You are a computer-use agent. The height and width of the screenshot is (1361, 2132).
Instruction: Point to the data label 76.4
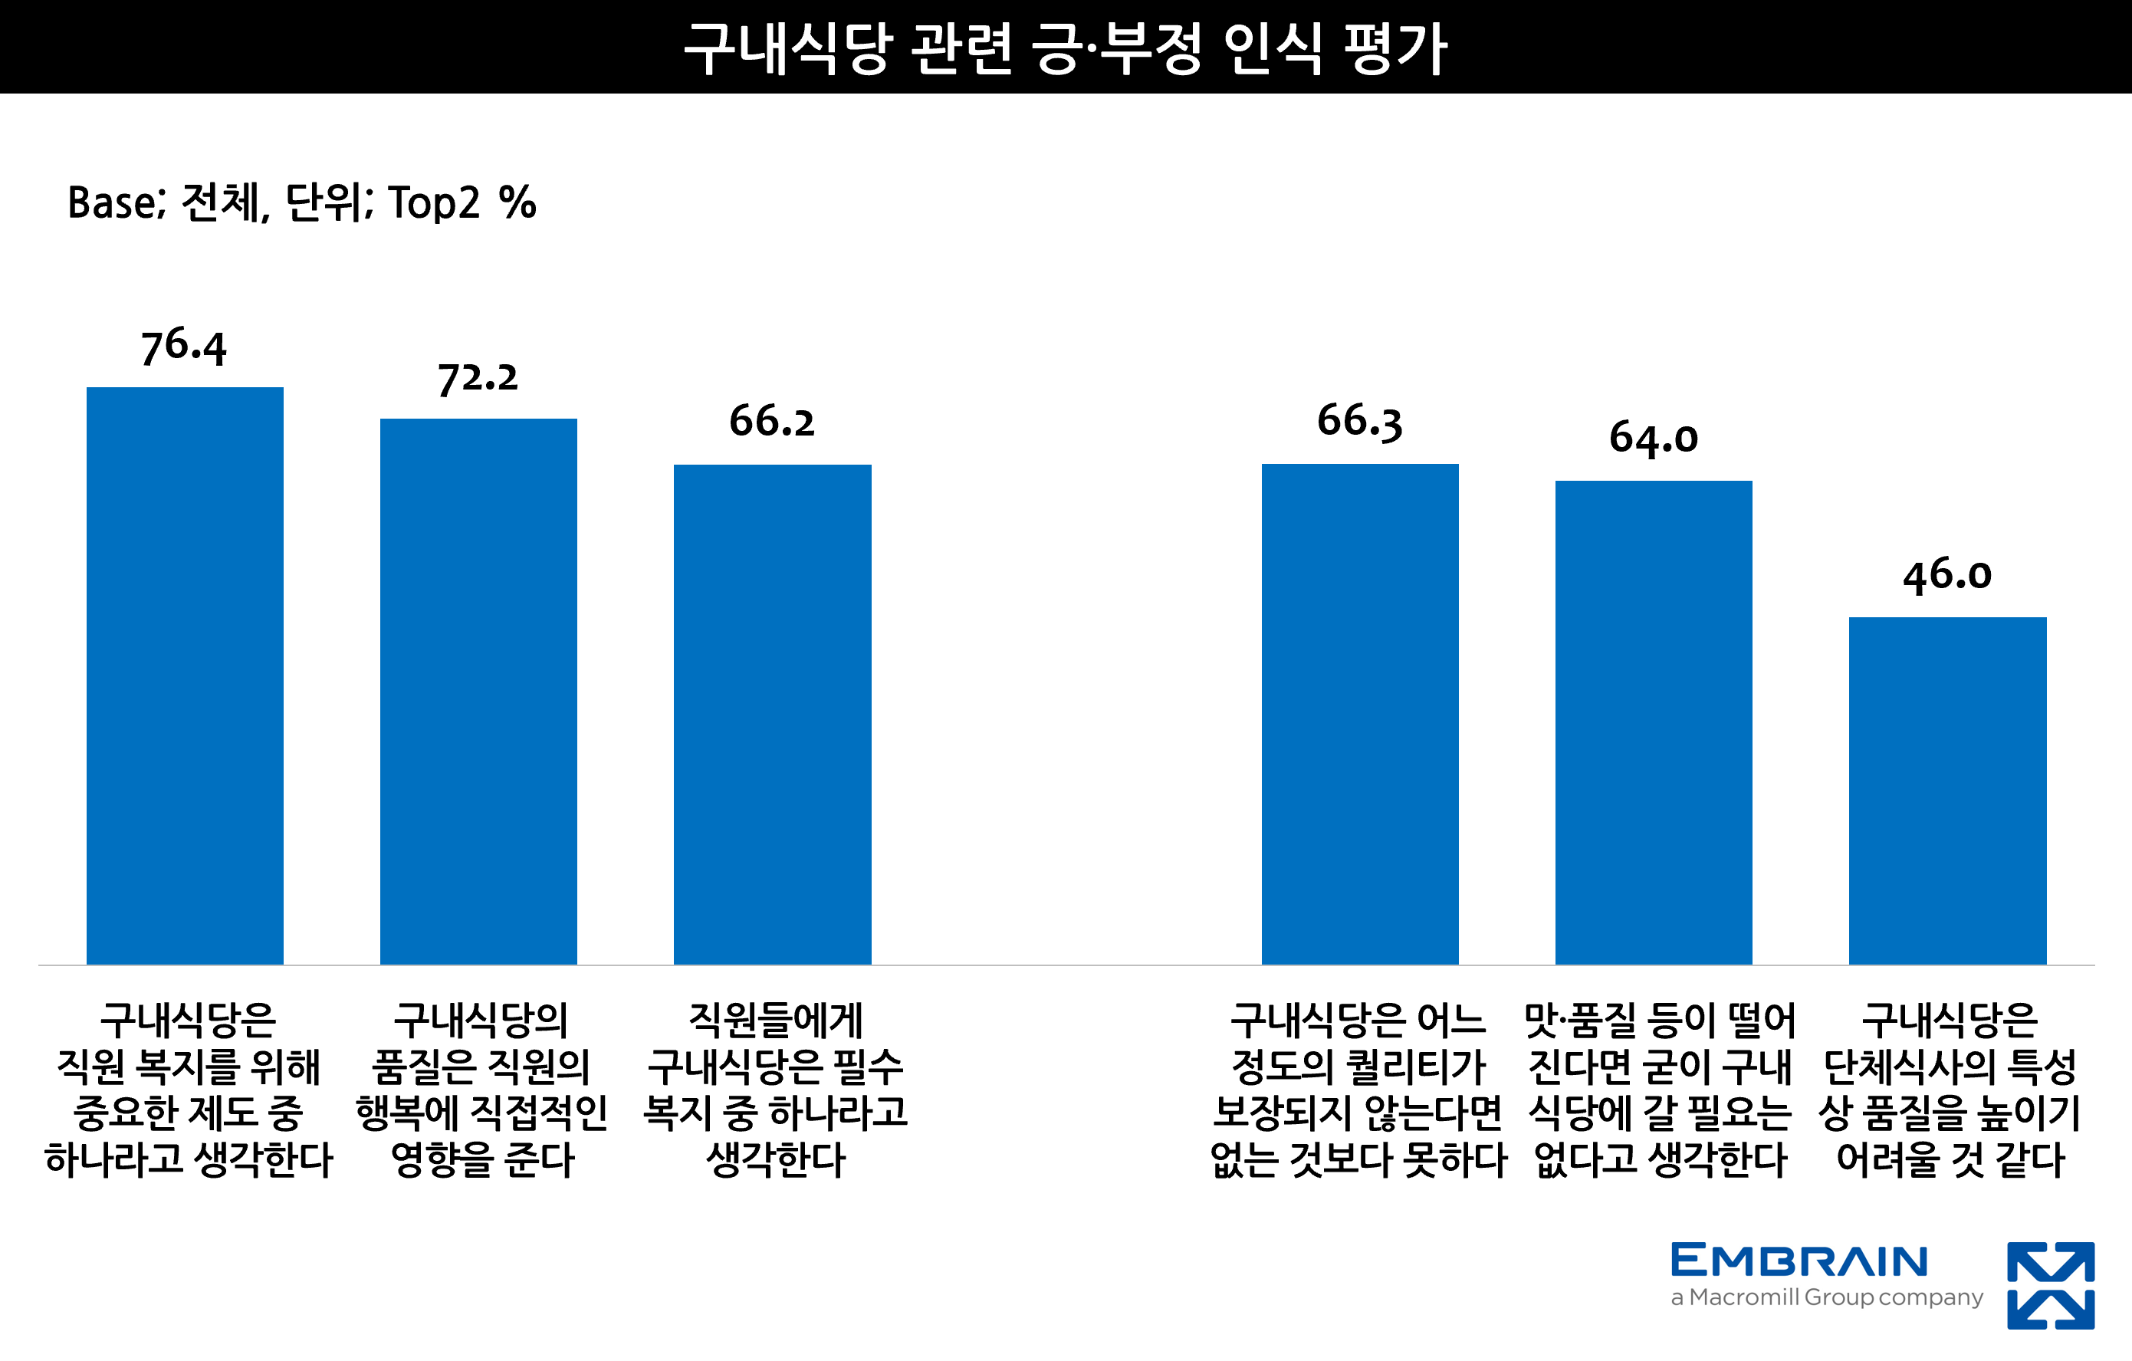point(184,347)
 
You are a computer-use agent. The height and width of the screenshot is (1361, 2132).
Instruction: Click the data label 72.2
point(478,378)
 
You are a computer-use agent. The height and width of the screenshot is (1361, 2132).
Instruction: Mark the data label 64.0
point(1653,439)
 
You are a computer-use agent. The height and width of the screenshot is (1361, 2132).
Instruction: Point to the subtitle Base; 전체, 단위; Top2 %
point(302,202)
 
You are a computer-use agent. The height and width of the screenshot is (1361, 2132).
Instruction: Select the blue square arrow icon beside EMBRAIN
point(2051,1286)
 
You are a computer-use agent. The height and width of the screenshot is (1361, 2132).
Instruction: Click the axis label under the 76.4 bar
point(188,1089)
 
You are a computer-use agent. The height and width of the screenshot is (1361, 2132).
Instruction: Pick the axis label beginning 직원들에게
point(775,1089)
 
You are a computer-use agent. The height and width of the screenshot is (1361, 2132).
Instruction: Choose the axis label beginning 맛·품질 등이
point(1660,1089)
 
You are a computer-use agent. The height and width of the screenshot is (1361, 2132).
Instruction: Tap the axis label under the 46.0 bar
point(1950,1089)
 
